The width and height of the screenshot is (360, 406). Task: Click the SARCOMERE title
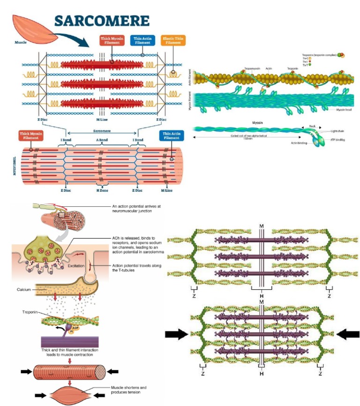point(102,21)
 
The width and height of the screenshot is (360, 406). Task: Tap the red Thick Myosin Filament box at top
point(112,40)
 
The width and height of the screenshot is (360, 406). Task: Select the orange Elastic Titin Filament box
point(173,40)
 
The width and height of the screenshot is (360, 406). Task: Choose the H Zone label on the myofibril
point(103,190)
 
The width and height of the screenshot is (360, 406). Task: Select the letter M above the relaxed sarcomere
point(261,226)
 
